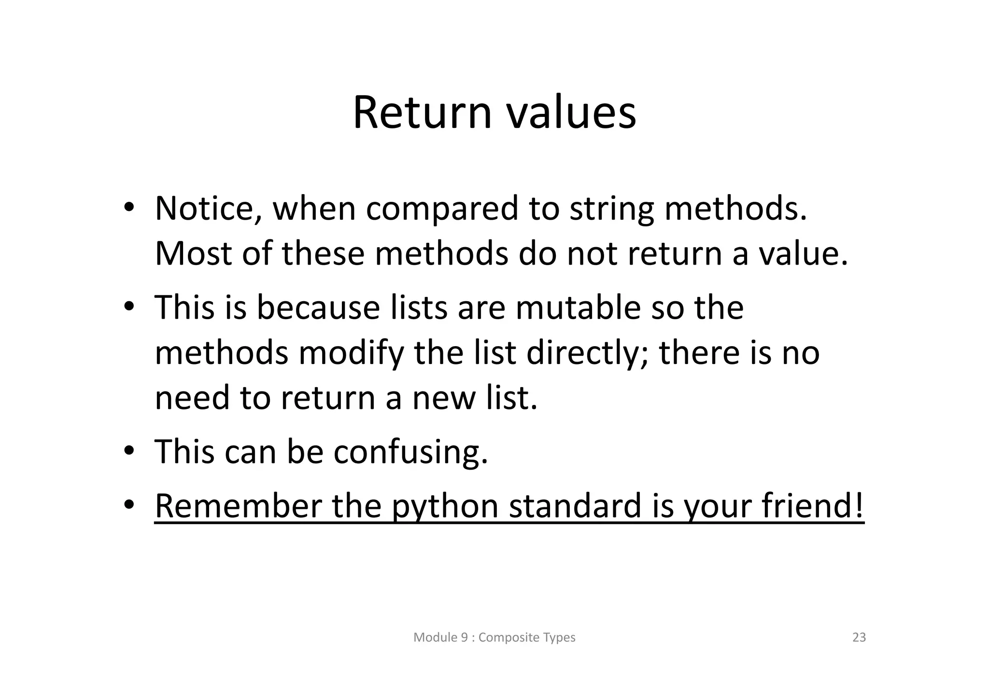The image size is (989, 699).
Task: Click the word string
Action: (x=611, y=210)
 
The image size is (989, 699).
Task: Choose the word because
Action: (x=318, y=308)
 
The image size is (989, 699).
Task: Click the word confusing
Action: (x=410, y=452)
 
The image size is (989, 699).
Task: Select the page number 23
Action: (x=859, y=638)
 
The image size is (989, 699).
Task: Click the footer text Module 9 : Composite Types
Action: (x=494, y=638)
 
